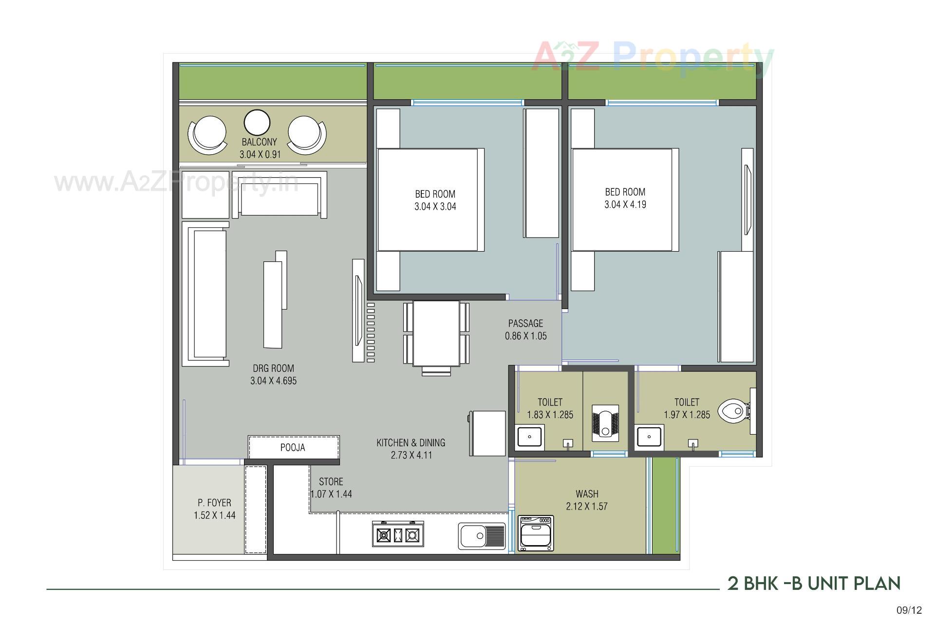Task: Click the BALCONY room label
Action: tap(259, 142)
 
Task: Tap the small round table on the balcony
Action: tap(257, 123)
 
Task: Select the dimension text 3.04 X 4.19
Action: tap(625, 204)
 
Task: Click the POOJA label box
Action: tap(293, 447)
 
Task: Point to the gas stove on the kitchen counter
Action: tap(398, 534)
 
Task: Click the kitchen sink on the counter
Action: tap(482, 536)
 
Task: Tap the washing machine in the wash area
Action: tap(536, 533)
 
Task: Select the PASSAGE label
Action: tap(525, 323)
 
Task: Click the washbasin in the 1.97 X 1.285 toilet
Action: tap(649, 437)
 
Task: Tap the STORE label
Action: tap(331, 482)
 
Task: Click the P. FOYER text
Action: tap(214, 503)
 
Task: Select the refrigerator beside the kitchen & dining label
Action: tap(488, 433)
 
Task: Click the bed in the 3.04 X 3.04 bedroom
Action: tap(429, 200)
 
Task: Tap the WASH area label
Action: tap(587, 494)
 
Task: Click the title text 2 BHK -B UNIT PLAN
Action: tap(814, 583)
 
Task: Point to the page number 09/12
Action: tap(909, 610)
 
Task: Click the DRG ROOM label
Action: tap(273, 368)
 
